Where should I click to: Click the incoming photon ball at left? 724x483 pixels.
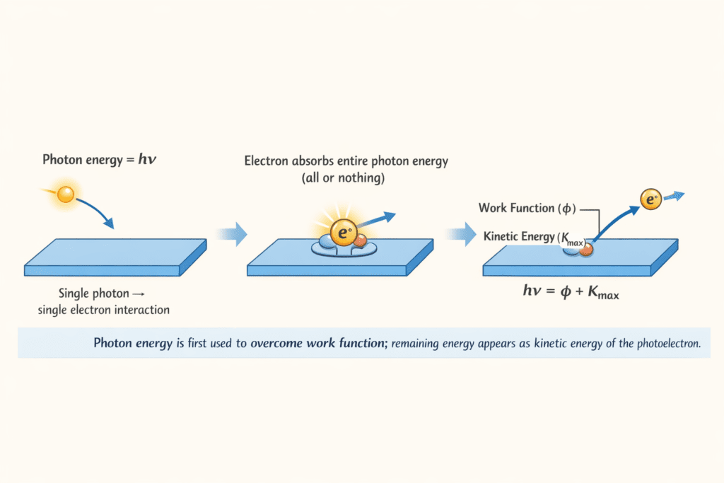(x=66, y=194)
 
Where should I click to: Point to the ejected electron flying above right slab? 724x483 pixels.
(x=650, y=200)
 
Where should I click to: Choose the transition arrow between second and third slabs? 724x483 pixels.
(x=463, y=233)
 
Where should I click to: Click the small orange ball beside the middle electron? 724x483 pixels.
(x=361, y=240)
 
